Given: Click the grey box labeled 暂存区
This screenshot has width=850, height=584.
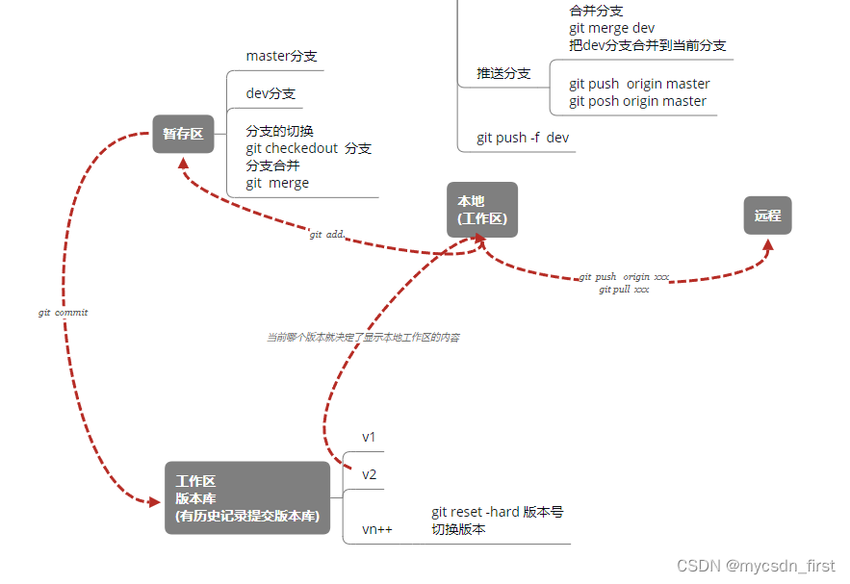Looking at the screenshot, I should coord(183,134).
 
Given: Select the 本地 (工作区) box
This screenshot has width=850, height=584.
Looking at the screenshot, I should coord(482,210).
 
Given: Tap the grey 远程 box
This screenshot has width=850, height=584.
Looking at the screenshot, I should coord(767,216).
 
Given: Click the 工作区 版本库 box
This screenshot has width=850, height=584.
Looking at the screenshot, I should coord(247,497).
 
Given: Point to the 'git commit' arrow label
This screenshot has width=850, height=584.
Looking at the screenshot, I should coord(63,313).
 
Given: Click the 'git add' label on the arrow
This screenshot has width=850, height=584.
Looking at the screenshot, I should coord(327,235).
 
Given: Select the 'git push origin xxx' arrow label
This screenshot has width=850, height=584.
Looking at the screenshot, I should coord(624,277).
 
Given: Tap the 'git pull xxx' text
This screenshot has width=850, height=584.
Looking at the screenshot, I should coord(624,289).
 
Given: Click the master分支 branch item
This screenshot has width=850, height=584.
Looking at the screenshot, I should coord(281,56).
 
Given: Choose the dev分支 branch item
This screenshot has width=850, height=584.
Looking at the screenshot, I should coord(270,94).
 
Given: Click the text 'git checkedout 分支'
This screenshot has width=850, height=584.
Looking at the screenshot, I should coord(308,148).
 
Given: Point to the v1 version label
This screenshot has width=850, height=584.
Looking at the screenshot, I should coord(370,437).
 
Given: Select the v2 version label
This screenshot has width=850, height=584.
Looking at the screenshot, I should coord(370,474).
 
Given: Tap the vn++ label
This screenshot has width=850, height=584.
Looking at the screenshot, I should coord(377,528).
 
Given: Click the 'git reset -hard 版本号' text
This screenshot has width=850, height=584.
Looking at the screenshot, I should coord(497,512).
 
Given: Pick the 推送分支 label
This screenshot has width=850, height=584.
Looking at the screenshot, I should coord(503,73).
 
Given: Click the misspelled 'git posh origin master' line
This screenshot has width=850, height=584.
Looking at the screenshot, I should coord(637,101).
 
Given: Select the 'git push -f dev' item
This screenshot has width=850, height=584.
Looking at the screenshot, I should coord(523,138).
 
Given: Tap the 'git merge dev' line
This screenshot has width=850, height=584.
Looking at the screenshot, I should coord(611,28).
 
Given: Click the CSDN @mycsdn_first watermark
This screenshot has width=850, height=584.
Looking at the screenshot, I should coord(756,567).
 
